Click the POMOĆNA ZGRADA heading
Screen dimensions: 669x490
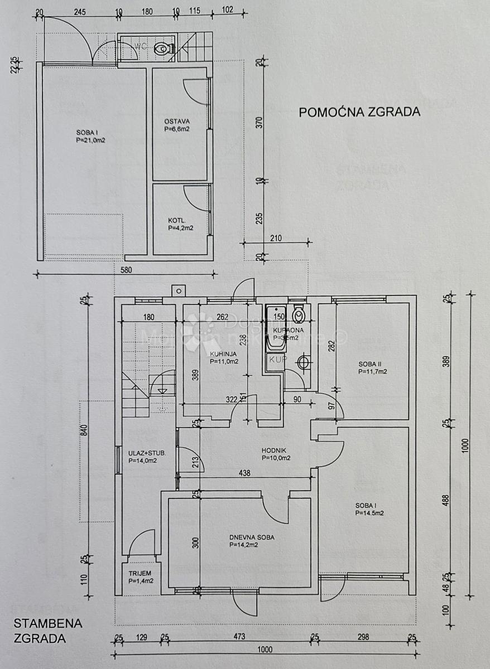[359, 111]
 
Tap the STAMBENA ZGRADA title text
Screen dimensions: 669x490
[47, 631]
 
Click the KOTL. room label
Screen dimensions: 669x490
[177, 220]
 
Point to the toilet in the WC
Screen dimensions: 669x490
[162, 49]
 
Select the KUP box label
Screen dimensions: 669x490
[277, 360]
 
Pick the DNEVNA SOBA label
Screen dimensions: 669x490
[252, 537]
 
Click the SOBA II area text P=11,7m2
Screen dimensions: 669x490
[373, 371]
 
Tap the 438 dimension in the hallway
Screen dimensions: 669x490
[244, 473]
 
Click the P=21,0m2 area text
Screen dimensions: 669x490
[91, 140]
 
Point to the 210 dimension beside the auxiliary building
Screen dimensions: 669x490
[276, 238]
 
